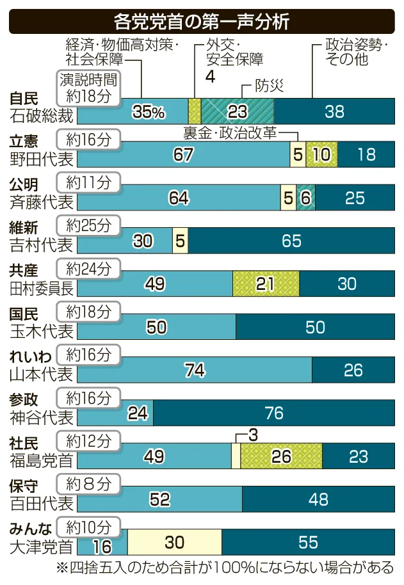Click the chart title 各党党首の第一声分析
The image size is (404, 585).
pos(202,21)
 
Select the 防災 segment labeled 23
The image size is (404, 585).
pos(238,111)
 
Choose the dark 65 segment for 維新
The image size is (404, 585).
pos(291,241)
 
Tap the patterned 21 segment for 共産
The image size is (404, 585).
pos(266,284)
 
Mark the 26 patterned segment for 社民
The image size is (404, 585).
pos(281,456)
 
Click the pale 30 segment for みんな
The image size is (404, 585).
pos(174,543)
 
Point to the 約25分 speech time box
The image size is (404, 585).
pos(88,225)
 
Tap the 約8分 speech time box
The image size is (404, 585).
pos(88,484)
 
